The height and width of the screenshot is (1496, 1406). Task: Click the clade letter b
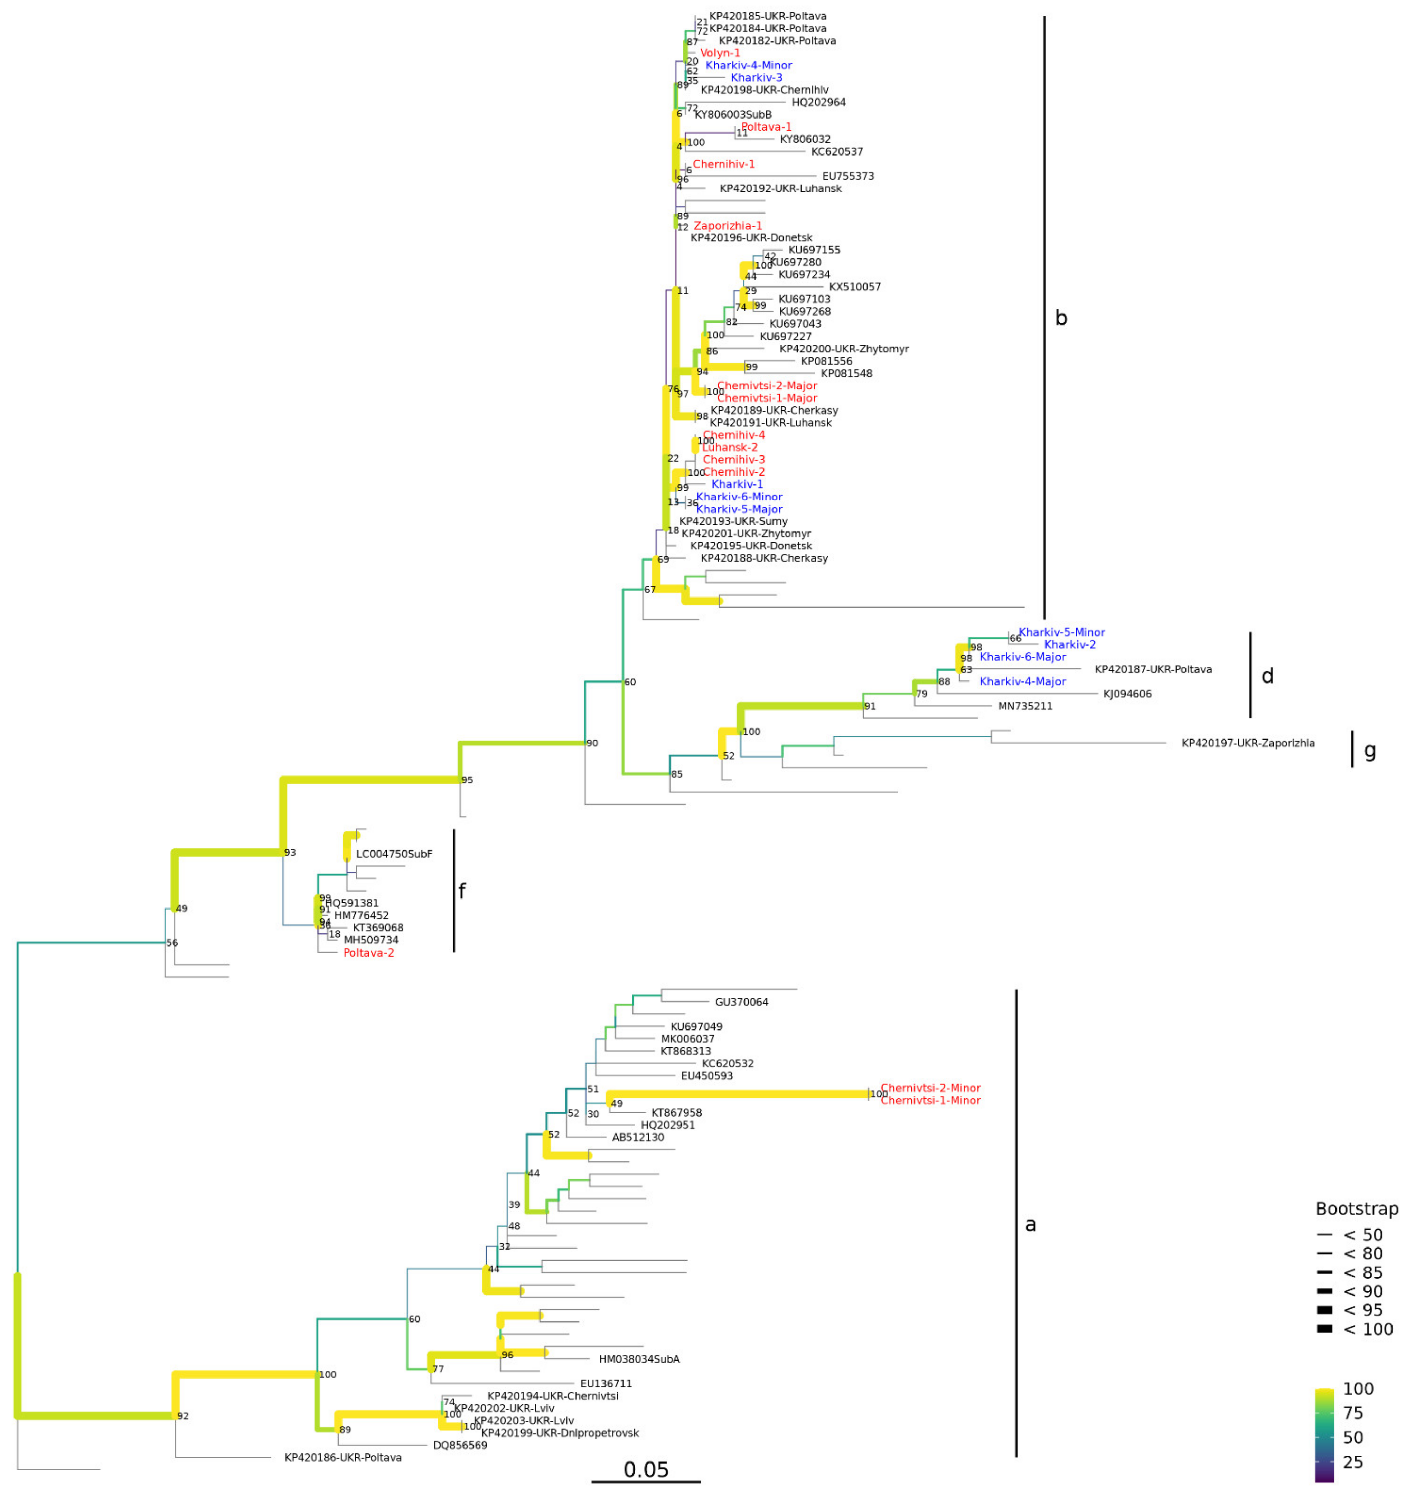(1060, 318)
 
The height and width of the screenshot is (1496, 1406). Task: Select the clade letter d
(1267, 677)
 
